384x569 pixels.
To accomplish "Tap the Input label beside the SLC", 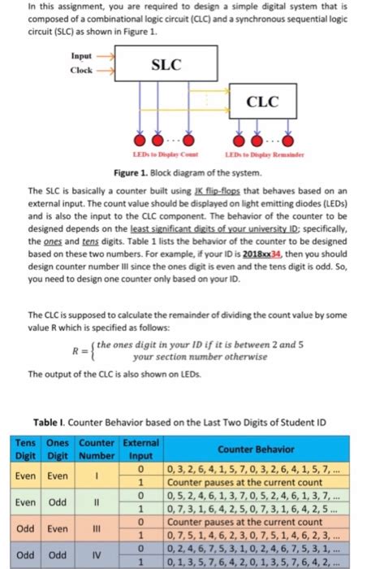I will (x=81, y=56).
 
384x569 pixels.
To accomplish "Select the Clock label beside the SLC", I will (x=81, y=70).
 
